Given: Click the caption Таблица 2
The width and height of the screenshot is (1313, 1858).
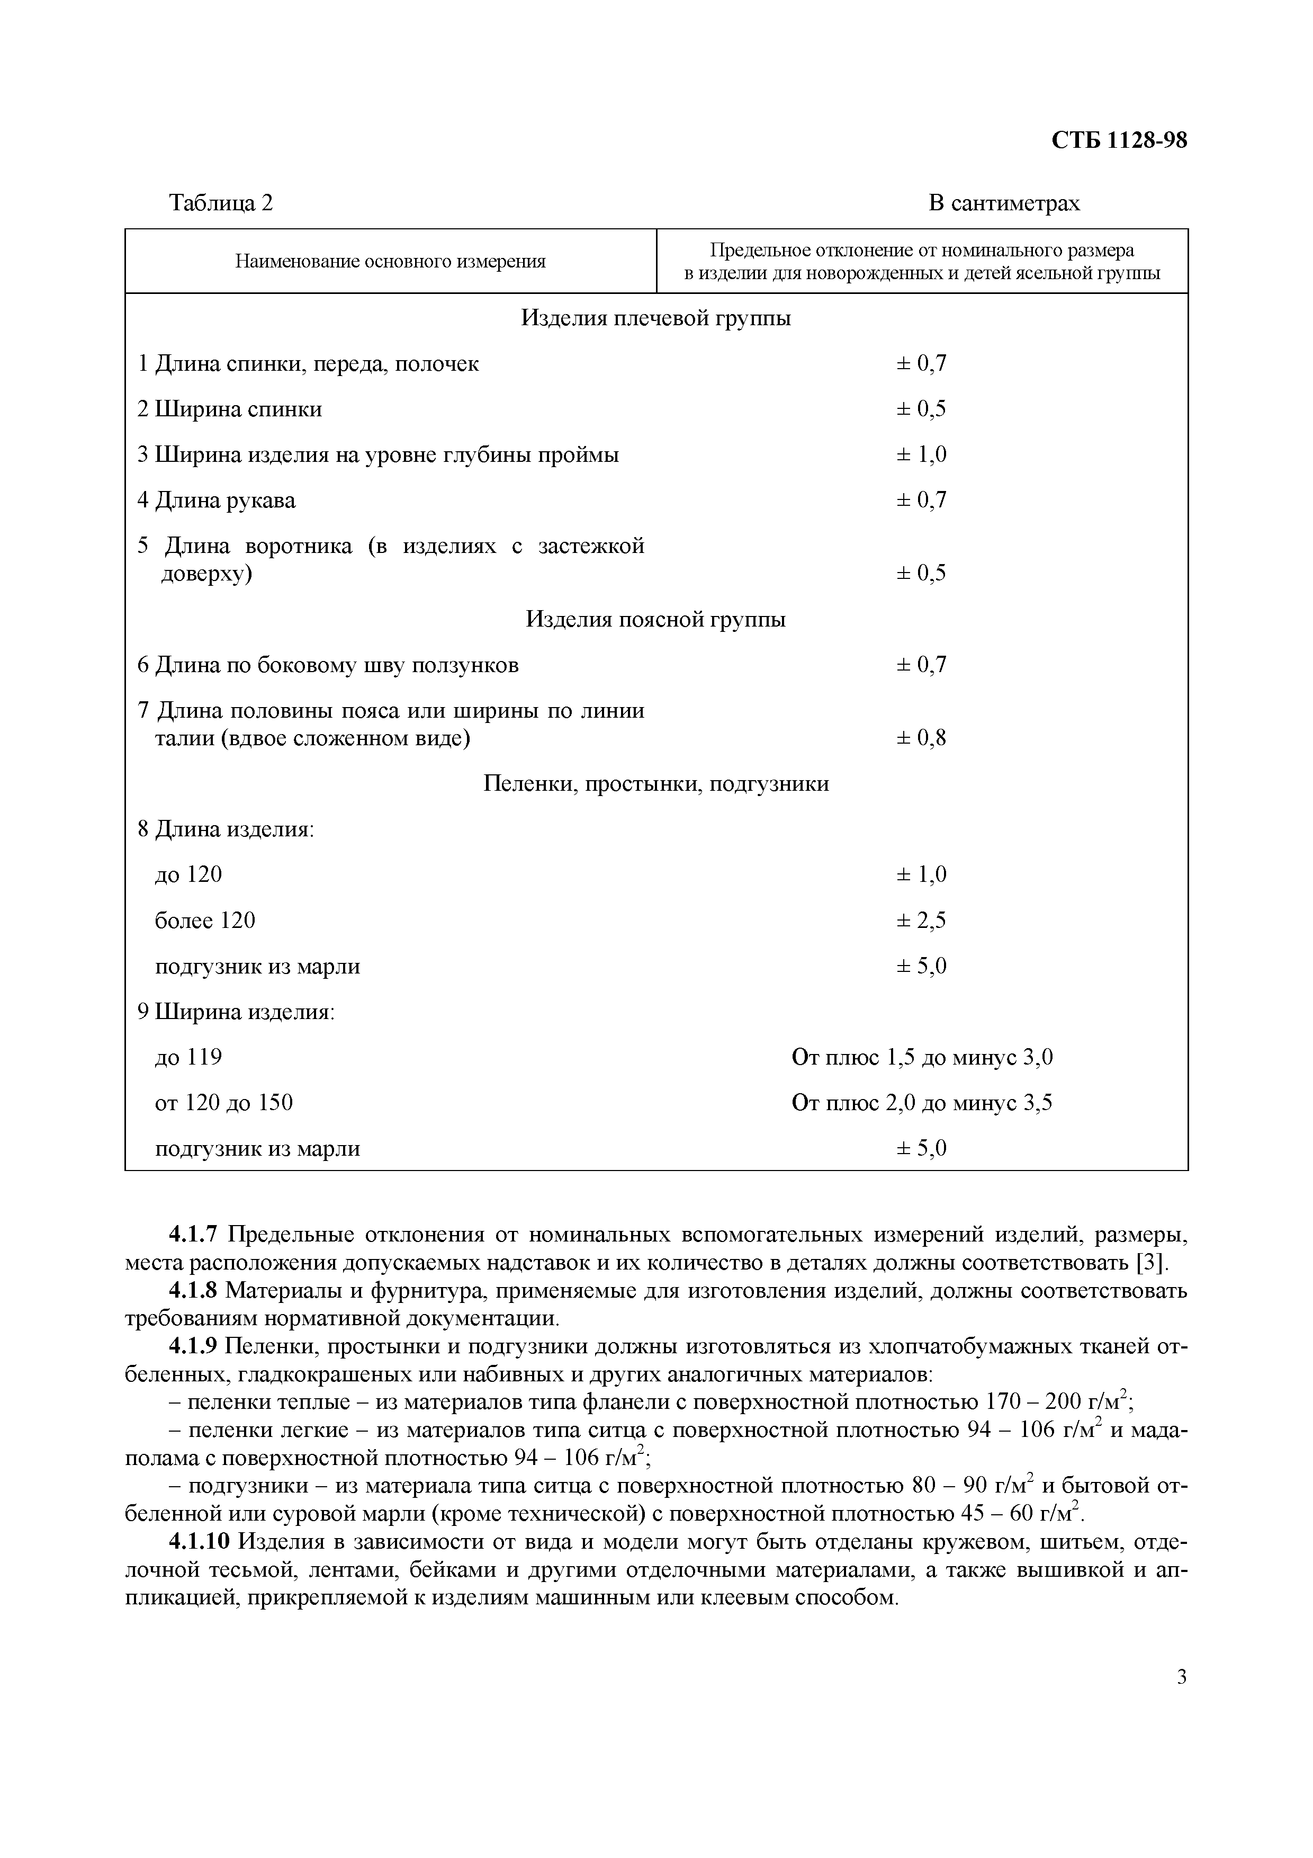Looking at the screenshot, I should [x=221, y=202].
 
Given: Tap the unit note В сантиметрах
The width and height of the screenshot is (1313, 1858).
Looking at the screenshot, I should [x=1003, y=202].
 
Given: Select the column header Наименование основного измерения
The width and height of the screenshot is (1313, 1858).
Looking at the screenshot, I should [x=390, y=262].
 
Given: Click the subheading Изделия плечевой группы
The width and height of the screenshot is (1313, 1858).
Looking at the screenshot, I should [x=655, y=318].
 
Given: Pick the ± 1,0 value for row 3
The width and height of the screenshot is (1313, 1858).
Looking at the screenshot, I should [x=921, y=455].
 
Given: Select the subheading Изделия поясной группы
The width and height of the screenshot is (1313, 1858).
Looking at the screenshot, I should [x=655, y=620].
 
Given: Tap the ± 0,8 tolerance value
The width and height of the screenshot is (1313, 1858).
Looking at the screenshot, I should [x=921, y=738].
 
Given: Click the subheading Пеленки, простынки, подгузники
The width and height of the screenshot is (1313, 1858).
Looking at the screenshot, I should [x=655, y=783].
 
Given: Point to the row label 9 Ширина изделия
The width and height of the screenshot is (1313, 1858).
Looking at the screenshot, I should [x=236, y=1012].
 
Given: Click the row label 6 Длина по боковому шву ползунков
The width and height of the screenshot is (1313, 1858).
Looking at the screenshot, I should [x=328, y=665].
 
